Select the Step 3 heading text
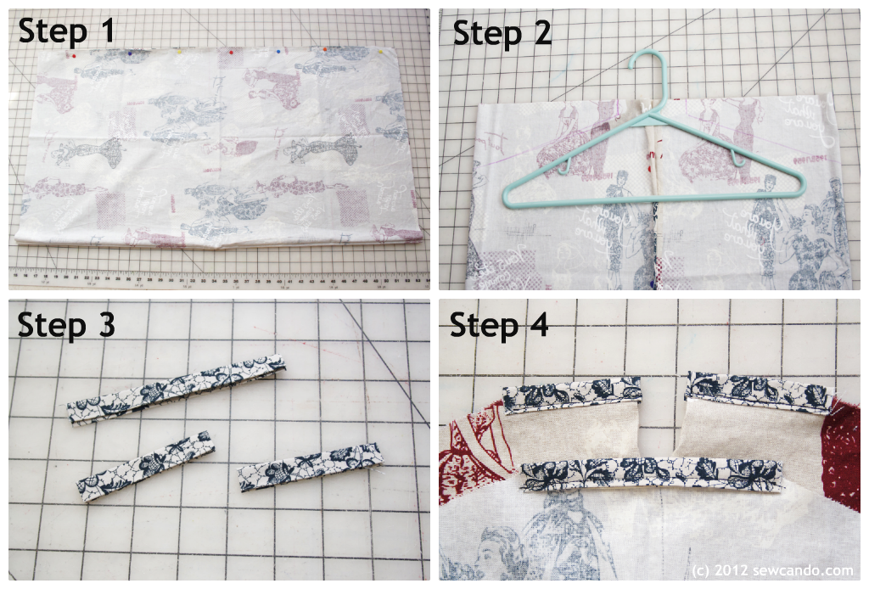(x=66, y=324)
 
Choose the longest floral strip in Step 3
(x=177, y=390)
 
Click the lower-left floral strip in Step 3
(x=145, y=465)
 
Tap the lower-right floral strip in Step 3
(x=311, y=466)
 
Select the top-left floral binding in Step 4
(x=572, y=392)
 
